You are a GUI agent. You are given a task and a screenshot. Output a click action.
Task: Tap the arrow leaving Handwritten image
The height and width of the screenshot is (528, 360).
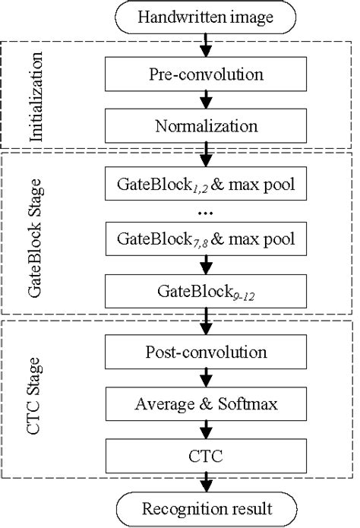point(204,46)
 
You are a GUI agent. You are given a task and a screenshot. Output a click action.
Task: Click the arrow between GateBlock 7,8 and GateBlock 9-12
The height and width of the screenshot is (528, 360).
point(204,266)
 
